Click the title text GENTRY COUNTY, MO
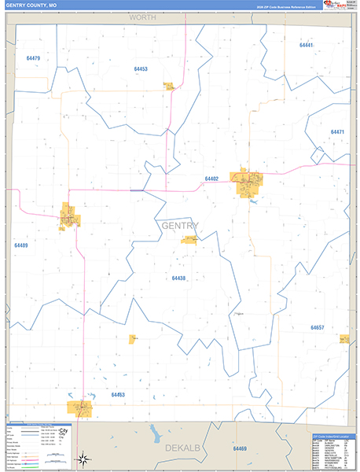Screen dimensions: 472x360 coord(31,6)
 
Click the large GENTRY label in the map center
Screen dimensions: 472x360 coord(179,227)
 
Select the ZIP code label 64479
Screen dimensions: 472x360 coord(33,58)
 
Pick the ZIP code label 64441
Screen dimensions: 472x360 coord(307,45)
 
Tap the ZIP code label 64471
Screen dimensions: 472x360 coord(337,131)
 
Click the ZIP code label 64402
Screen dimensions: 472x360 coord(211,179)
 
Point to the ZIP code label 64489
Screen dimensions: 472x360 coord(20,245)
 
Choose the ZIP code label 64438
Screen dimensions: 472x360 coord(178,278)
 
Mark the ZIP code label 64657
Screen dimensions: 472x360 coord(317,326)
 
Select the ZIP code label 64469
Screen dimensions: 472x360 coord(239,448)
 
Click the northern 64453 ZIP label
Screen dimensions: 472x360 coord(141,69)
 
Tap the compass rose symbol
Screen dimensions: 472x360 coord(84,459)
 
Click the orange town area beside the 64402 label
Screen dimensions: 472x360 coord(245,184)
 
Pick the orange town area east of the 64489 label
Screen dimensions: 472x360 coord(69,217)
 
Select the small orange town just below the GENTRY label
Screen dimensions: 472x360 coord(189,239)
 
